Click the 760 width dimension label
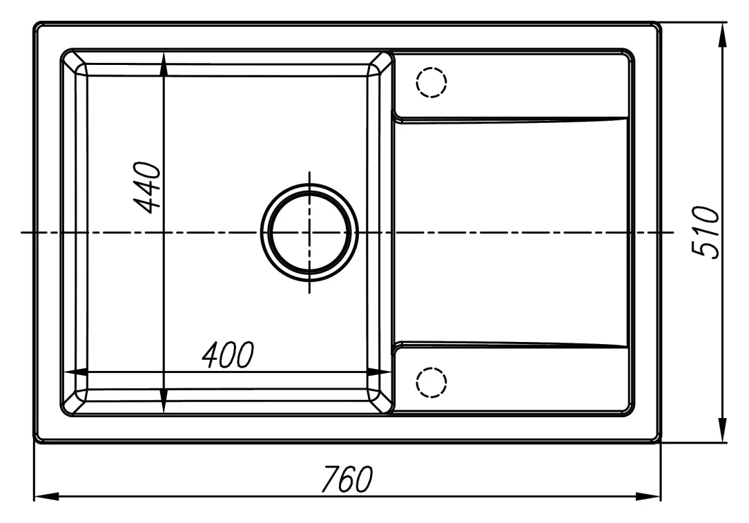coord(347,479)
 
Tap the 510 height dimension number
coord(705,232)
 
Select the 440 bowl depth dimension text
coord(146,187)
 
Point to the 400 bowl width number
coord(228,354)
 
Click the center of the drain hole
coord(309,232)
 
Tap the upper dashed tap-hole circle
coord(431,82)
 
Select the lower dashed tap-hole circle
coord(431,383)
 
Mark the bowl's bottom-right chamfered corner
coord(380,401)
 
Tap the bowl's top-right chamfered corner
coord(380,63)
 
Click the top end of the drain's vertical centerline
coord(309,171)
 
